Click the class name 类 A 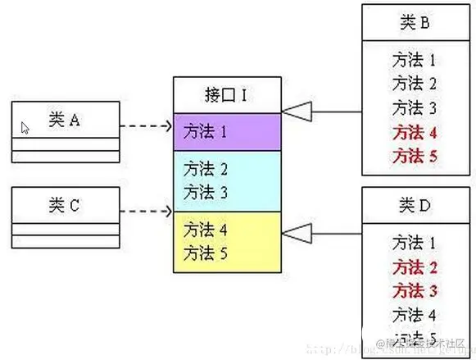(64, 121)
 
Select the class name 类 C (64, 205)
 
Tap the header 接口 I (226, 95)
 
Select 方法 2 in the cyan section (206, 170)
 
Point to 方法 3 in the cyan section (206, 192)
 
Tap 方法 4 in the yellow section (206, 229)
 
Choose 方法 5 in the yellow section (206, 251)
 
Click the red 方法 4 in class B (414, 131)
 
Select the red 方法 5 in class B (414, 155)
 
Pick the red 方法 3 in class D (414, 289)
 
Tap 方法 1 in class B (414, 60)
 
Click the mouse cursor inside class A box (25, 128)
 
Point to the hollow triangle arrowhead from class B (294, 110)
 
